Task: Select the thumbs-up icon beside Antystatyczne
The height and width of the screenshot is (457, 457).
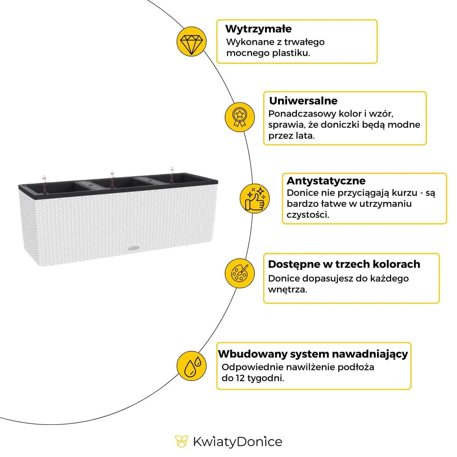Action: [254, 198]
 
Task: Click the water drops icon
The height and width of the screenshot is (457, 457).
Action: [192, 366]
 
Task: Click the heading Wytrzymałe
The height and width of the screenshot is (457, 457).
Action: [258, 29]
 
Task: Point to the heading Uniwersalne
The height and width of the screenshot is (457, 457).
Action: [303, 101]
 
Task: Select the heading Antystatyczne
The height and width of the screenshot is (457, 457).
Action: [326, 181]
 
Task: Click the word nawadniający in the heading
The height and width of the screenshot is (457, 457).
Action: [369, 354]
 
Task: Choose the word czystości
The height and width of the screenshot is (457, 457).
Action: [308, 215]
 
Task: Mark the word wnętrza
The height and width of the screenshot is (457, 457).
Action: [287, 289]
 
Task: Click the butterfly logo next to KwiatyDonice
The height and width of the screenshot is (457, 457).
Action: [181, 441]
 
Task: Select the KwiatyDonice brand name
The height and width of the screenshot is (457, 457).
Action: [237, 442]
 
